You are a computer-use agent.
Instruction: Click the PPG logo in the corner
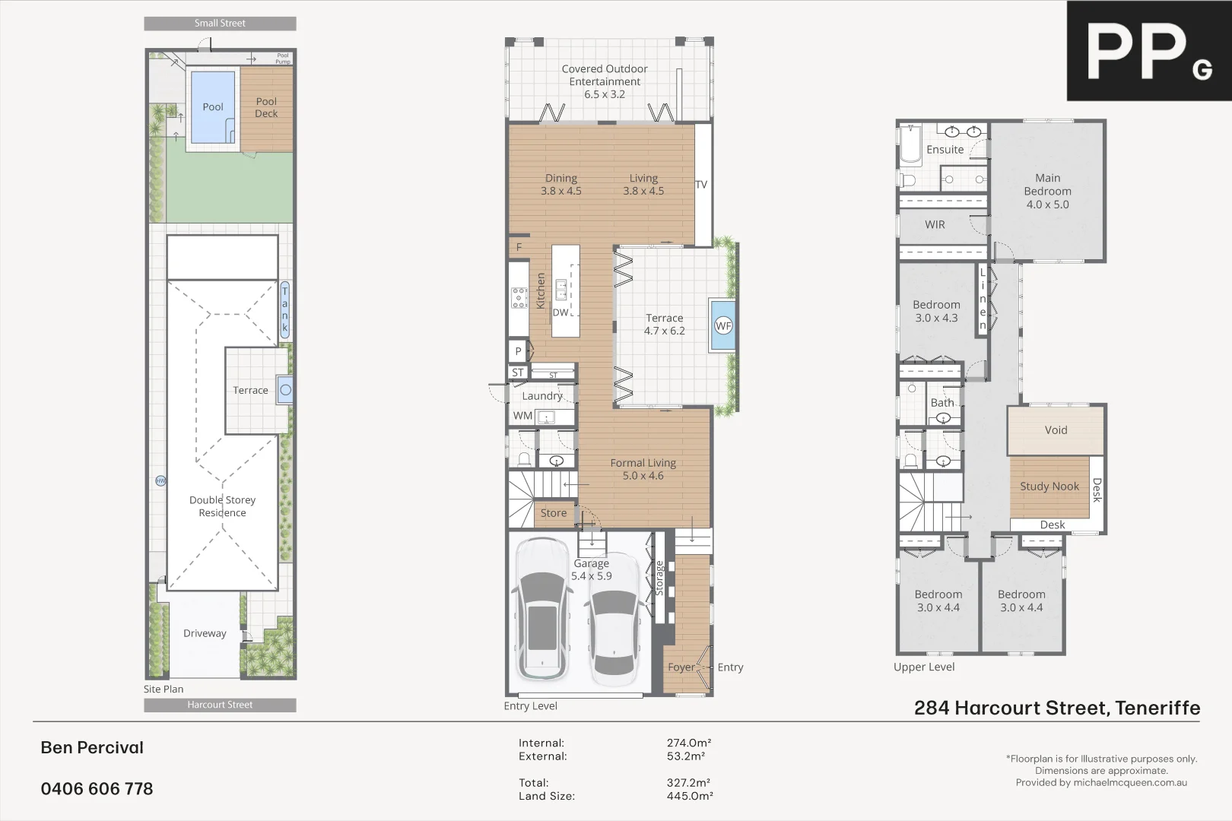tap(1148, 51)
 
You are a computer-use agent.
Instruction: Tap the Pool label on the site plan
tap(213, 107)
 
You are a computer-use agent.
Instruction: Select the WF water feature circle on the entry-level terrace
tap(722, 326)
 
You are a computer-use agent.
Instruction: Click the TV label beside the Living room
tap(701, 185)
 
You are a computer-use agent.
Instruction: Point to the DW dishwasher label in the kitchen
tap(560, 312)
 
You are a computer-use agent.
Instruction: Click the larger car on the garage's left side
tap(541, 608)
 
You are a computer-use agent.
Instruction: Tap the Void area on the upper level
tap(1056, 430)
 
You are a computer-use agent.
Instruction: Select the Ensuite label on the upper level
tap(945, 150)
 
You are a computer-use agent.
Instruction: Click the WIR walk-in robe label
tap(935, 225)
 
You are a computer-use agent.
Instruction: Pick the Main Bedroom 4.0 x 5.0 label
tap(1047, 191)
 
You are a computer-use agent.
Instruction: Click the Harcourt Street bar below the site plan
tap(220, 705)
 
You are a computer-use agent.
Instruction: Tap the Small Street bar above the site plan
tap(220, 24)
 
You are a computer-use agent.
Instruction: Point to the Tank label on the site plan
tap(285, 309)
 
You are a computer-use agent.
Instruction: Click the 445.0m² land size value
tap(689, 796)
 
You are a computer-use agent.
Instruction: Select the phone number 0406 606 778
tap(97, 789)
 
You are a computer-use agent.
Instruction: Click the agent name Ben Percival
tap(92, 748)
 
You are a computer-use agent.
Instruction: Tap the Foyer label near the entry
tap(681, 667)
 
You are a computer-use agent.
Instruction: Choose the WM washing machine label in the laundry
tap(522, 416)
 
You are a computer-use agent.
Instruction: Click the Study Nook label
tap(1049, 487)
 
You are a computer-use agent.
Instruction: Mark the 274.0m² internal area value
tap(688, 743)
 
